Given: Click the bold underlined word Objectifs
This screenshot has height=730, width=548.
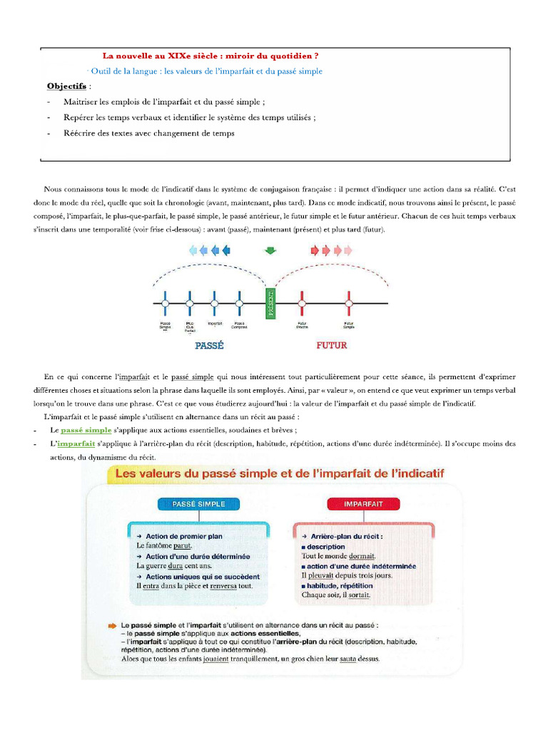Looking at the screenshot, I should pos(66,86).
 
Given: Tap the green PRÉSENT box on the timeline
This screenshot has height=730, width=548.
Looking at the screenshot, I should pos(270,304).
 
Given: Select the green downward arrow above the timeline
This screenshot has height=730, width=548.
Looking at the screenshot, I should pos(270,250).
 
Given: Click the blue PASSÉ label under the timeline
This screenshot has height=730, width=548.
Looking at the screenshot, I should pos(209,346).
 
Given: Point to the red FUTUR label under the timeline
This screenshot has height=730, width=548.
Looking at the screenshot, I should pos(331,346).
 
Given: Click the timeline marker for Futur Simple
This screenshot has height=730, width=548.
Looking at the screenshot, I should pos(349,304).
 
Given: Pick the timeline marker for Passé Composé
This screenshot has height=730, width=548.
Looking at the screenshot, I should pos(240,304).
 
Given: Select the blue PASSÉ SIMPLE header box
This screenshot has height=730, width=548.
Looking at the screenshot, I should pos(198,504).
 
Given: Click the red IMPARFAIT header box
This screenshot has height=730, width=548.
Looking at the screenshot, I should pos(364,504).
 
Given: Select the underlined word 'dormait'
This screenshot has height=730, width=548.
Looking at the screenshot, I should pos(362,556).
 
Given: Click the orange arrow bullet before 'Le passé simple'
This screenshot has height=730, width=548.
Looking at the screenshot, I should pos(112,624).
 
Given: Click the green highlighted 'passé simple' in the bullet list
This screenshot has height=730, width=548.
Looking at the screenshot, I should pos(86,430).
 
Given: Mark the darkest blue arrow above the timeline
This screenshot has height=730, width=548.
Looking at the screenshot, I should pos(227,250).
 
